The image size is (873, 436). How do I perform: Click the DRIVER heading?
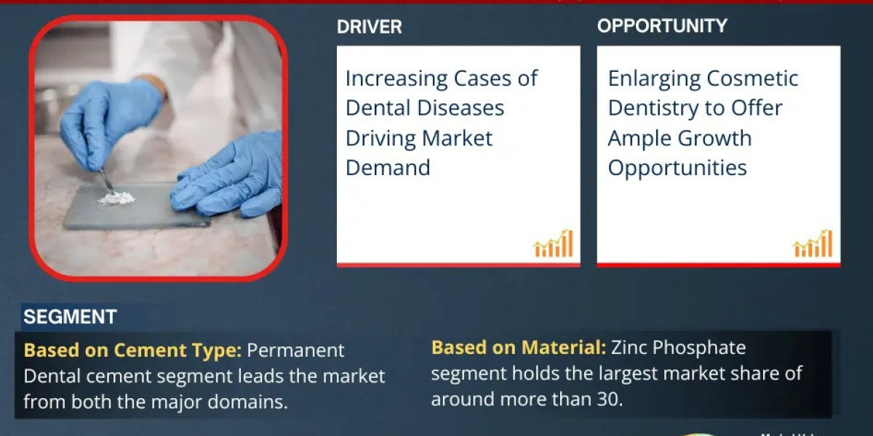tap(369, 27)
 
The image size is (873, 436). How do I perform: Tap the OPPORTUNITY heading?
tap(662, 26)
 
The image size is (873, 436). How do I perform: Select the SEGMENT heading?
tap(70, 317)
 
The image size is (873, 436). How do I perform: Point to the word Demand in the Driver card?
tap(388, 168)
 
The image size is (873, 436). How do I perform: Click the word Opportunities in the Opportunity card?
tap(677, 168)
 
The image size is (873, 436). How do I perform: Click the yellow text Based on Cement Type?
tap(132, 350)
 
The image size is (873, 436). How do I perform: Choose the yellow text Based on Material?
tap(518, 347)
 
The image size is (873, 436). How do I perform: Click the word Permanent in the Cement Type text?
tap(295, 350)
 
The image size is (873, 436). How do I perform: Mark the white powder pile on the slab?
tap(117, 197)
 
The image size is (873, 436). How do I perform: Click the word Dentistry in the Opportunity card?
tap(661, 108)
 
